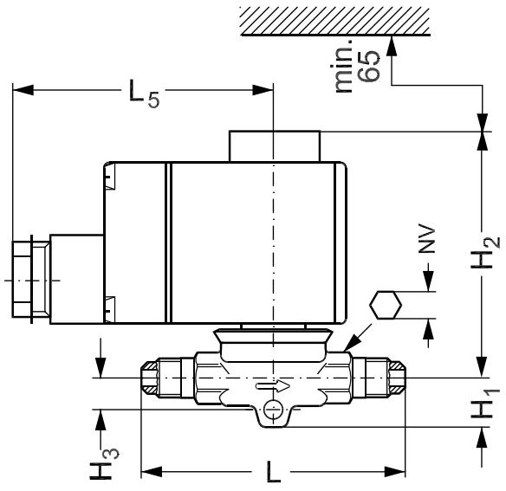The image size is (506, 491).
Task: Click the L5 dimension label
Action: (144, 93)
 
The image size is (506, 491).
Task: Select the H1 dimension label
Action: (485, 404)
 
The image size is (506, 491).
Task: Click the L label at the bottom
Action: (274, 472)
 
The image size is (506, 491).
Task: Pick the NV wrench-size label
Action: (427, 239)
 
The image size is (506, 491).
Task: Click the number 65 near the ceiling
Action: (369, 66)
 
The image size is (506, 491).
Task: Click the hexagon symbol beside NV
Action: (386, 305)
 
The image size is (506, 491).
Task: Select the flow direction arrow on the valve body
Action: (273, 385)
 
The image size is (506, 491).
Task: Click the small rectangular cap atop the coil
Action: (275, 146)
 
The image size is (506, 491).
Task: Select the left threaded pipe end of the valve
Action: (161, 378)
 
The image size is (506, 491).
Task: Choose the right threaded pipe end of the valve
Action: (379, 378)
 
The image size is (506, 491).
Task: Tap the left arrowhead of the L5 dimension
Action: (23, 90)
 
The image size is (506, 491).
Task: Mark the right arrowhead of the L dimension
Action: (395, 472)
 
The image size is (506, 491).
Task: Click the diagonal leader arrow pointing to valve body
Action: (358, 337)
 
